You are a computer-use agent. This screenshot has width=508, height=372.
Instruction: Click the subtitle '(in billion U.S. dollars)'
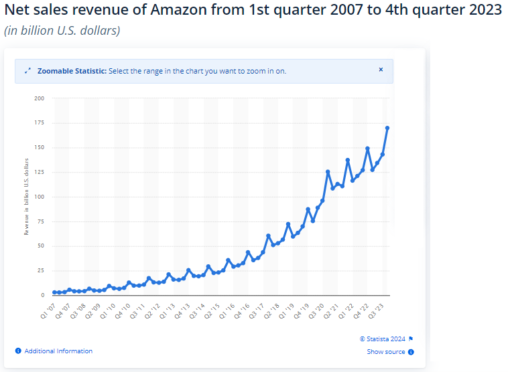point(62,31)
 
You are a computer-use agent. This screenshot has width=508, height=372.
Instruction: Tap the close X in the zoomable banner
point(381,70)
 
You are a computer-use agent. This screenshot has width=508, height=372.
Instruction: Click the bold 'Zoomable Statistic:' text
point(72,70)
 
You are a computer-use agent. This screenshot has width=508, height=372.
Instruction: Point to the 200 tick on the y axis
point(40,98)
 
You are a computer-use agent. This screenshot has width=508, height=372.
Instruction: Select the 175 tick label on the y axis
point(40,123)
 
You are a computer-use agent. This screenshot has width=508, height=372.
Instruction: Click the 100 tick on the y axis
point(40,197)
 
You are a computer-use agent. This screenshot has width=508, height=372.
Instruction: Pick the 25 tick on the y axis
point(41,270)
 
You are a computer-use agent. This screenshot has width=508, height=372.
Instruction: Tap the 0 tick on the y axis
point(43,295)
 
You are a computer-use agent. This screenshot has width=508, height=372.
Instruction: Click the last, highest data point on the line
point(387,128)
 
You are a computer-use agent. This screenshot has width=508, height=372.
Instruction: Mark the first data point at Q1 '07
point(54,292)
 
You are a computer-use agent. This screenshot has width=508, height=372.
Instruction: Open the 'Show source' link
point(386,352)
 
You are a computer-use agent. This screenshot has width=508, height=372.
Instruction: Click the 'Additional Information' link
point(58,351)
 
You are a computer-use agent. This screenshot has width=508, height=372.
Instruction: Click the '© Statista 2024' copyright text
point(383,339)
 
